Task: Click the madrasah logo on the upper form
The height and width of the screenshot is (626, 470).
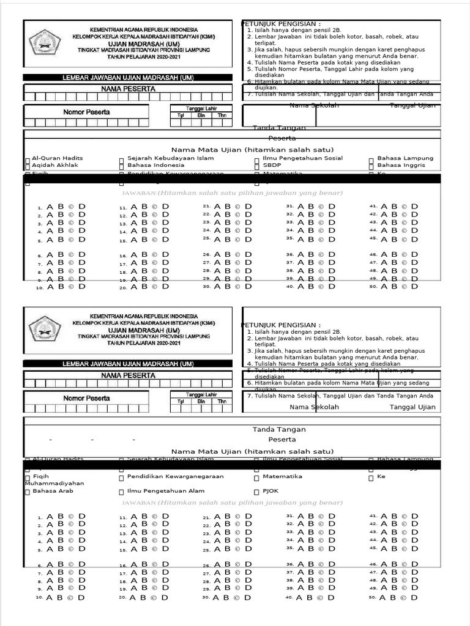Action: pos(45,42)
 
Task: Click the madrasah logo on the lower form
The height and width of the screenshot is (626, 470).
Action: pos(45,328)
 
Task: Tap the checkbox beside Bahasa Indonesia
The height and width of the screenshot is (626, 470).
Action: pos(121,166)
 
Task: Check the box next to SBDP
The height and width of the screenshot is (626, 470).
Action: pos(257,166)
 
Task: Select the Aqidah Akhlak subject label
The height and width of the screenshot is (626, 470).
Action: pos(55,165)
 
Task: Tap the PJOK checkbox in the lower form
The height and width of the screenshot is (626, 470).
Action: pos(257,492)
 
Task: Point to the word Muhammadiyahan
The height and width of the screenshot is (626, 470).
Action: pos(54,483)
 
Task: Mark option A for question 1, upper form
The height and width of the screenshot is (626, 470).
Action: pos(50,207)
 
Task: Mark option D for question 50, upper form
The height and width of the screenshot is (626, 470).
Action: pos(415,285)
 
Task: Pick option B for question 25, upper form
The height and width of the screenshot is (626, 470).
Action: pos(226,239)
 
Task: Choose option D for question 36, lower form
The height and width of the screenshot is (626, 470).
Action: pos(332,564)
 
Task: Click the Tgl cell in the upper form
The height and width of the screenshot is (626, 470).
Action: pos(181,115)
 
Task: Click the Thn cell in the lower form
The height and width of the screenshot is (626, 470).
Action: pos(222,402)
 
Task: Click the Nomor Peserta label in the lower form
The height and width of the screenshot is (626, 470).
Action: pos(86,399)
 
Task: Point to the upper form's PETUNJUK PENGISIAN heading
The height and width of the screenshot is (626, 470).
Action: pos(281,23)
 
